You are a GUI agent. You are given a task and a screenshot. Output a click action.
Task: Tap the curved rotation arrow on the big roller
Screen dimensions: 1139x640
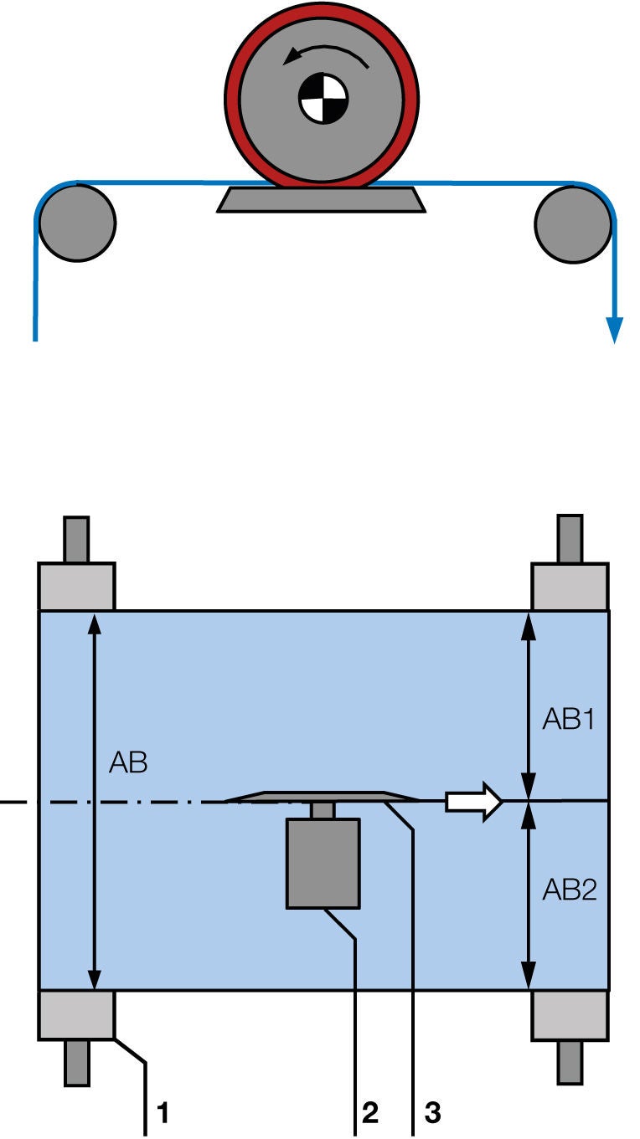coord(326,53)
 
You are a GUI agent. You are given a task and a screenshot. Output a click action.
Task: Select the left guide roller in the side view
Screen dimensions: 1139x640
coord(76,223)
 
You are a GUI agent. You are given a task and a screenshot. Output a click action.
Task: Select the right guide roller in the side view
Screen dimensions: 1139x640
coord(574,223)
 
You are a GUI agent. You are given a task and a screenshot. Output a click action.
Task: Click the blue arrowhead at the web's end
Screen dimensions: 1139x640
coord(615,331)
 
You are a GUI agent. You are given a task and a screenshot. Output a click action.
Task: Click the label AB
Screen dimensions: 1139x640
coord(129,762)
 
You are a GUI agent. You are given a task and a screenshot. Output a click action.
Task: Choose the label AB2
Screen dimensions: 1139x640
coord(569,889)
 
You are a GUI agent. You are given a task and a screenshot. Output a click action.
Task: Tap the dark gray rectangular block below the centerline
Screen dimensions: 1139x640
coord(323,863)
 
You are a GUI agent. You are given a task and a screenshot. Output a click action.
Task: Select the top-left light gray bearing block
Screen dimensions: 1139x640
coord(76,587)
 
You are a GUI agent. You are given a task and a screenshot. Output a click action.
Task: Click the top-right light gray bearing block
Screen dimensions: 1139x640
coord(570,587)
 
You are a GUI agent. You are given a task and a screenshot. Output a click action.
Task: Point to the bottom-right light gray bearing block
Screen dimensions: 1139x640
coord(570,1014)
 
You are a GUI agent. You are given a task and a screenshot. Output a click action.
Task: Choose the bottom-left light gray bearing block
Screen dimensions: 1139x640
coord(76,1014)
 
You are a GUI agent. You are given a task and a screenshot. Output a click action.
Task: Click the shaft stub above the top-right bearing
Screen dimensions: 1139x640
coord(570,540)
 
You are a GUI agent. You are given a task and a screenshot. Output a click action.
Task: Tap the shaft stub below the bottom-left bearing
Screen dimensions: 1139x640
coord(76,1061)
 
